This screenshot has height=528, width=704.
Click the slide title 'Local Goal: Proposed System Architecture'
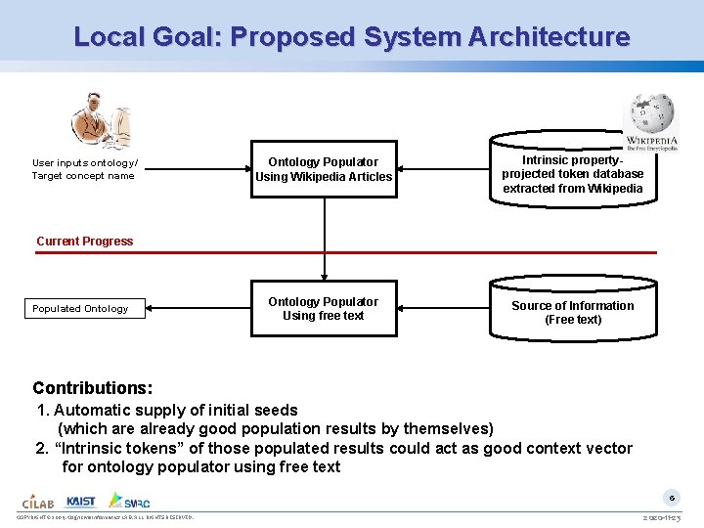click(352, 37)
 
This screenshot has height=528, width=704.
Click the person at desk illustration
click(100, 120)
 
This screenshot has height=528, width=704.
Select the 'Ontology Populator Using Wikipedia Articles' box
click(324, 169)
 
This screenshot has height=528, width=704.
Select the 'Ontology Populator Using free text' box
click(324, 309)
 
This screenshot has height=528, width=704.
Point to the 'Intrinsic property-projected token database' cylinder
click(573, 174)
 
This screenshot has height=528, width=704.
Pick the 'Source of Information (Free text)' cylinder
click(573, 312)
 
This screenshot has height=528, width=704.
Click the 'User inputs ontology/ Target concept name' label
click(85, 169)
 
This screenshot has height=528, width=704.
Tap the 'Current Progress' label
click(85, 242)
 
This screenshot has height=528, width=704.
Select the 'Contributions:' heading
click(93, 388)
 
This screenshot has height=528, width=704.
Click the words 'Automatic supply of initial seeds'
click(176, 410)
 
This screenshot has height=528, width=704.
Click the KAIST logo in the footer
click(81, 500)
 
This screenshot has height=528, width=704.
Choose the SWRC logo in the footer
click(130, 500)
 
